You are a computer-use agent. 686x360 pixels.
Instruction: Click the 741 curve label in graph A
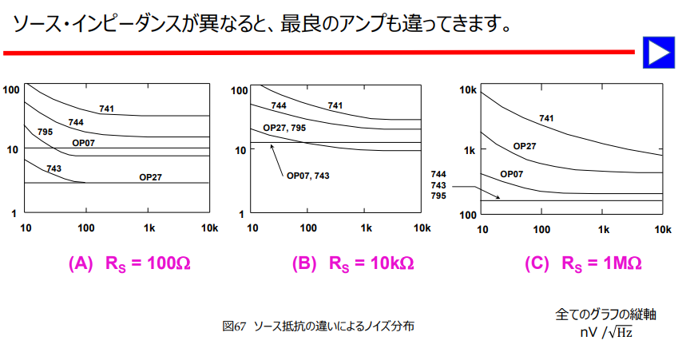tap(107, 108)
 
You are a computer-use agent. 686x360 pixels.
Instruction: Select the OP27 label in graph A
tap(150, 177)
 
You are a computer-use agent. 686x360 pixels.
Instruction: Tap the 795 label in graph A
tap(45, 132)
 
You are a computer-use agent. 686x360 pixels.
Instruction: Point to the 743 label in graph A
tap(54, 168)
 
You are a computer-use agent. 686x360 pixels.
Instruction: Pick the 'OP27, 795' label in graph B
tap(284, 128)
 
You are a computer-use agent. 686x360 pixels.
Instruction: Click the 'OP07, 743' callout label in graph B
tap(307, 175)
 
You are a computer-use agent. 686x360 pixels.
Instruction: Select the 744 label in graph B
tap(279, 105)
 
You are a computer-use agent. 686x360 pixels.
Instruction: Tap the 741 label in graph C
tap(546, 118)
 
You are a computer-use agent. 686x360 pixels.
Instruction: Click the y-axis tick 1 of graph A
tap(15, 213)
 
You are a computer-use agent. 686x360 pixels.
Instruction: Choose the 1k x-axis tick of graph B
tap(367, 228)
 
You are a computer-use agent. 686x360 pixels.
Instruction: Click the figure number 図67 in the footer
tap(234, 326)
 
